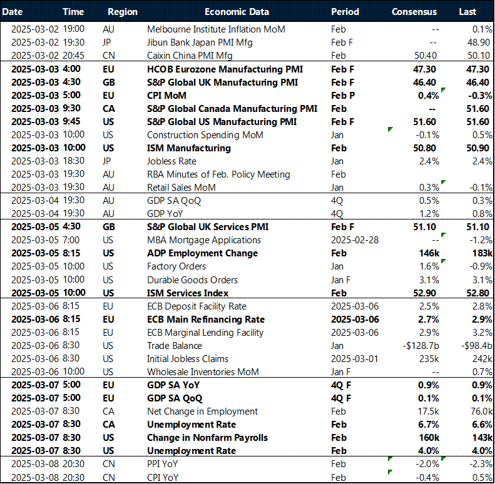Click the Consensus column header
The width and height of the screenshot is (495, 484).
click(414, 12)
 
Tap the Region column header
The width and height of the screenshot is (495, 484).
click(123, 12)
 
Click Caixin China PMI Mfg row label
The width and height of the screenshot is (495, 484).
click(185, 56)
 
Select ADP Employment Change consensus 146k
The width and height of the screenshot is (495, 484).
click(428, 253)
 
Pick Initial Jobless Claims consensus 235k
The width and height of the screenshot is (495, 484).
click(429, 359)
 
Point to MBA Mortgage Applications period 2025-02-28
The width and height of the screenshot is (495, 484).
click(354, 240)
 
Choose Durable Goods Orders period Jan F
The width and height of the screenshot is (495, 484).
click(342, 280)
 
